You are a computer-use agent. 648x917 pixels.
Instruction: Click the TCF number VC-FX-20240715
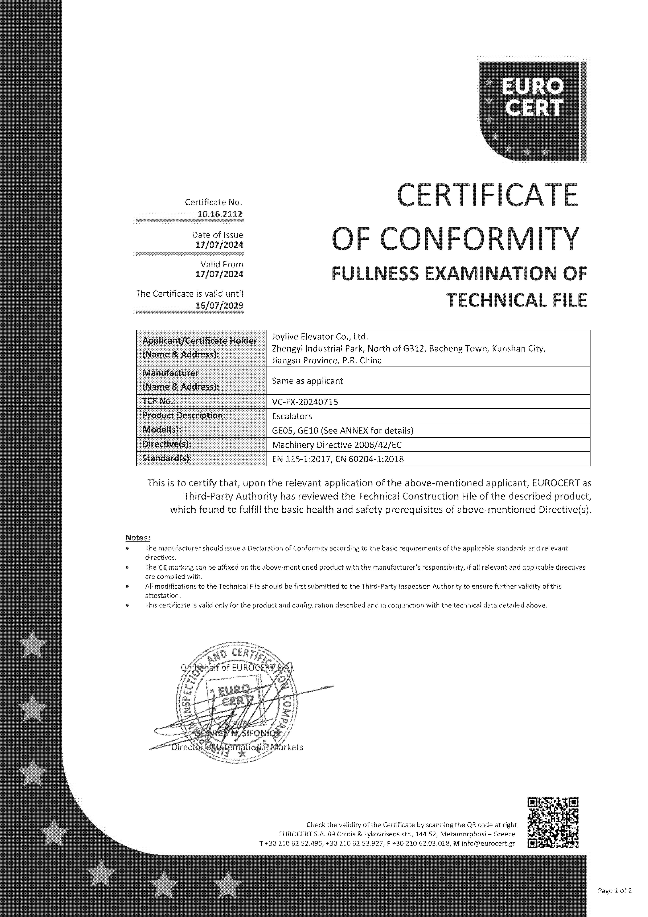pyautogui.click(x=305, y=402)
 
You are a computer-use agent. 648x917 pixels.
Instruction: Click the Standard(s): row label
pyautogui.click(x=167, y=459)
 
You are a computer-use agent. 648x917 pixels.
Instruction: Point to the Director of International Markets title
pyautogui.click(x=237, y=747)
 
